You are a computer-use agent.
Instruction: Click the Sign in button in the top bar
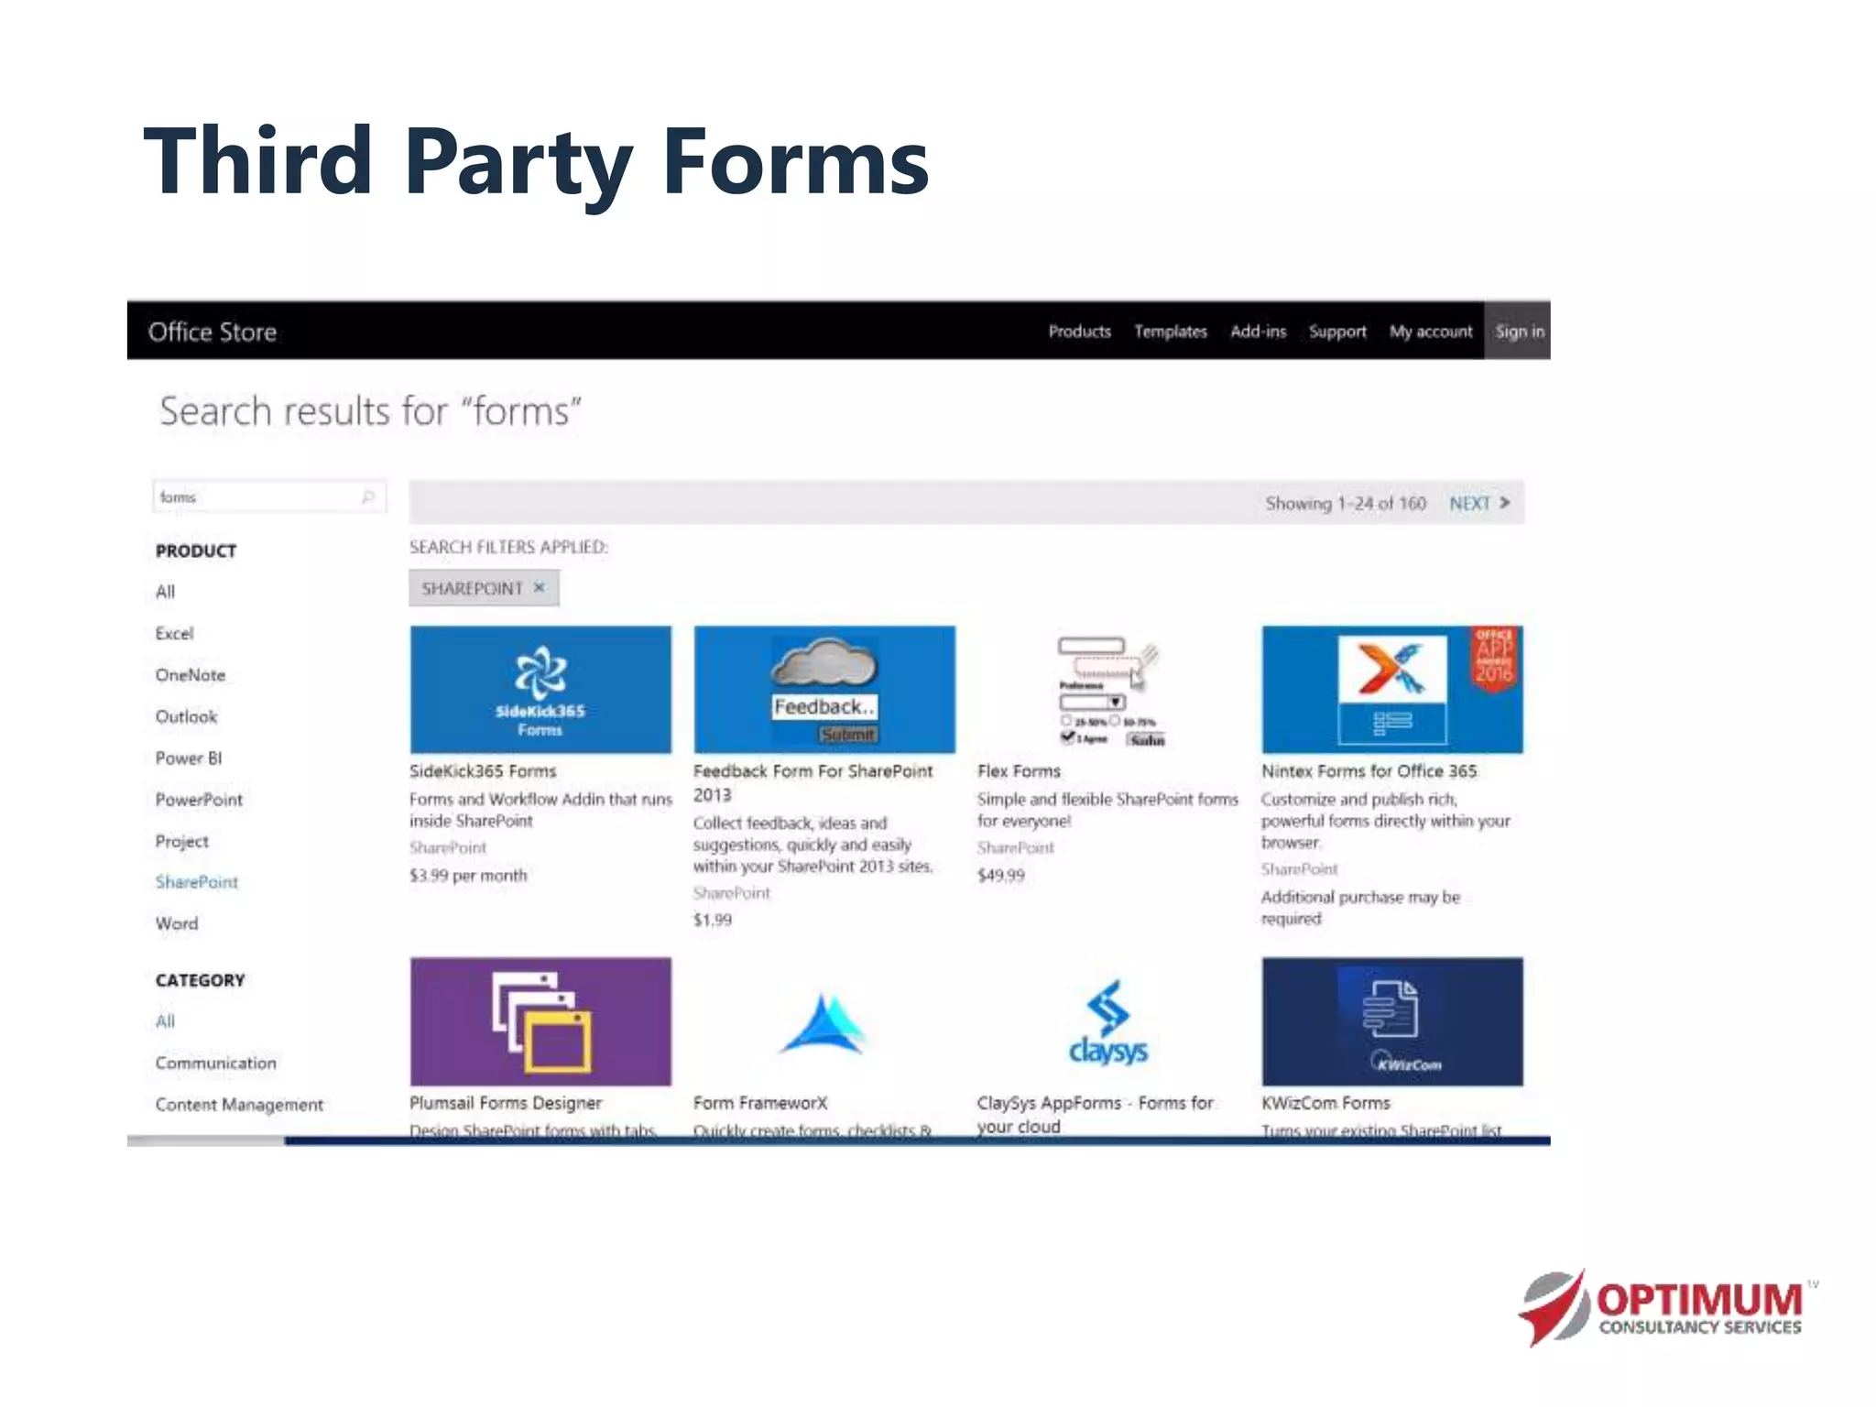pos(1518,332)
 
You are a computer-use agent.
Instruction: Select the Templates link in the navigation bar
pos(1170,332)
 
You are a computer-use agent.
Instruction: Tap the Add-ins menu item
pos(1258,332)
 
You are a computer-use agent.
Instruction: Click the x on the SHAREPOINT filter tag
pos(540,587)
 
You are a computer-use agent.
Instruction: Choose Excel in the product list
pos(174,633)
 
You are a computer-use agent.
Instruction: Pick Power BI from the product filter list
pos(189,758)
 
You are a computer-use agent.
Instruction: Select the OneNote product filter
pos(191,675)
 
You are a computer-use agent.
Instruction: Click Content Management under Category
pos(239,1105)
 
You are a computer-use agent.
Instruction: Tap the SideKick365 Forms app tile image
pos(540,689)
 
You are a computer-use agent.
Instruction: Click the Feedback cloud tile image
pos(824,689)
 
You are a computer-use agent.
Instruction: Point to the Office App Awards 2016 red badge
pos(1494,656)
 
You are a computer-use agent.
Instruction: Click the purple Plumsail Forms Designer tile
pos(540,1021)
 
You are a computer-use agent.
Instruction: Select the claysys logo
pos(1108,1023)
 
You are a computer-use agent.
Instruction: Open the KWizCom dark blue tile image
pos(1391,1021)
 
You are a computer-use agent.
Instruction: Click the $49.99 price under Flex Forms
pos(1000,875)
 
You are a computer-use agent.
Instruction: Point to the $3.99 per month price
pos(468,875)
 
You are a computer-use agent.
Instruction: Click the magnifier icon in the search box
pos(368,496)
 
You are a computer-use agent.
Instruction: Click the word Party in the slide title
pos(518,163)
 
